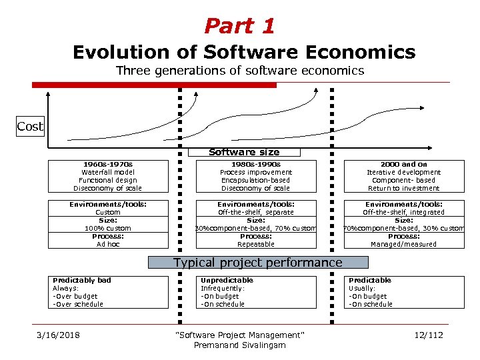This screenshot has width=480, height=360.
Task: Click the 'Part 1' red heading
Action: tap(239, 26)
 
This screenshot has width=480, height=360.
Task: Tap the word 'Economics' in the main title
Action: tap(359, 52)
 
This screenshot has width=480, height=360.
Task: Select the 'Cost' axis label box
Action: tap(30, 127)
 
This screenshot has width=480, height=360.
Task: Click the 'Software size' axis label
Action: tap(244, 152)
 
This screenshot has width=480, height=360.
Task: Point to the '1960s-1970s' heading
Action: tap(107, 164)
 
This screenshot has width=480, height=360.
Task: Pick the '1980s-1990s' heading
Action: tap(255, 164)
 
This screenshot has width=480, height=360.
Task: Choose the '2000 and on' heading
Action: tap(403, 164)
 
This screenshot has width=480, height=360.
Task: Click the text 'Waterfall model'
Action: tap(107, 172)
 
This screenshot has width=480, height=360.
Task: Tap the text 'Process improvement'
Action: tap(255, 172)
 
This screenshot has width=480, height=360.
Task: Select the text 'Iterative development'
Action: tap(403, 172)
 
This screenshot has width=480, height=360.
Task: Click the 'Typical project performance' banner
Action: tap(257, 263)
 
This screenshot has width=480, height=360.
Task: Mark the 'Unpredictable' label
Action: tap(227, 280)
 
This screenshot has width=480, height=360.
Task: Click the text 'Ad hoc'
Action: tap(107, 244)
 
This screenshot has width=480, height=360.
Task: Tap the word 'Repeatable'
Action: tap(255, 244)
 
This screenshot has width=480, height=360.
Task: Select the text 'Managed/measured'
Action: tap(403, 244)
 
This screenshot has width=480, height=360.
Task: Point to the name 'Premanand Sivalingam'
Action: tap(239, 345)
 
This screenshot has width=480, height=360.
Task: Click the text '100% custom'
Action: tap(107, 228)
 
